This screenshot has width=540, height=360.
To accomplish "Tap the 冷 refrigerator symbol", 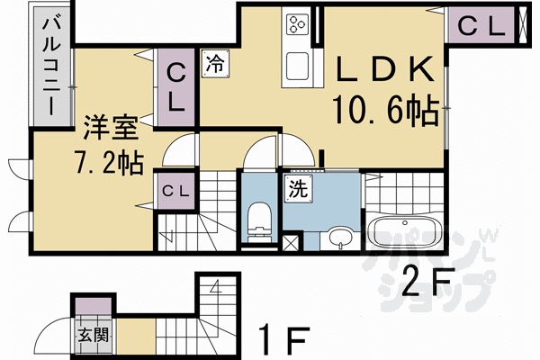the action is coord(215,64).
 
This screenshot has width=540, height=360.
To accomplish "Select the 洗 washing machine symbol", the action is coord(298,188).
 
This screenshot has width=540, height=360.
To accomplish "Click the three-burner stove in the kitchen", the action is coord(297,24).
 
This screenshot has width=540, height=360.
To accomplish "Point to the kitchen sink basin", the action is coord(298,67).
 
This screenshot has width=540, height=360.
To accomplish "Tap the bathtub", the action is coord(404,234).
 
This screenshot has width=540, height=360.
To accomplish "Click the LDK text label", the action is coord(385,69).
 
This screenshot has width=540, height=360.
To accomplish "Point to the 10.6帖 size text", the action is coord(386,110).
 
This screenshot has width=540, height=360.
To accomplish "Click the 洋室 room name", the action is coord(111,128).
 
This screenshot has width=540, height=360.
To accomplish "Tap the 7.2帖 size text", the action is coord(109,163).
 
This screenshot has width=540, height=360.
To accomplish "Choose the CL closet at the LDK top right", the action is coord(481,26).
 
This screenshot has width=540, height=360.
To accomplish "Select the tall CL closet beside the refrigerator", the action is coord(176,88).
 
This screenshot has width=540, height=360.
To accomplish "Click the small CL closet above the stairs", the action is coord(175,191).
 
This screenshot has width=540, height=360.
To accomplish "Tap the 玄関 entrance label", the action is coord(94,335).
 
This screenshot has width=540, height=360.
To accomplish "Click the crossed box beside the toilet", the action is coord(291,243).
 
